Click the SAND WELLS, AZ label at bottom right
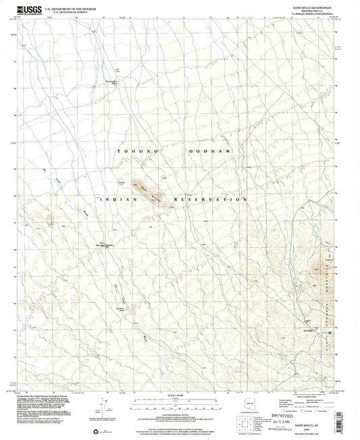click(313, 419)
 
